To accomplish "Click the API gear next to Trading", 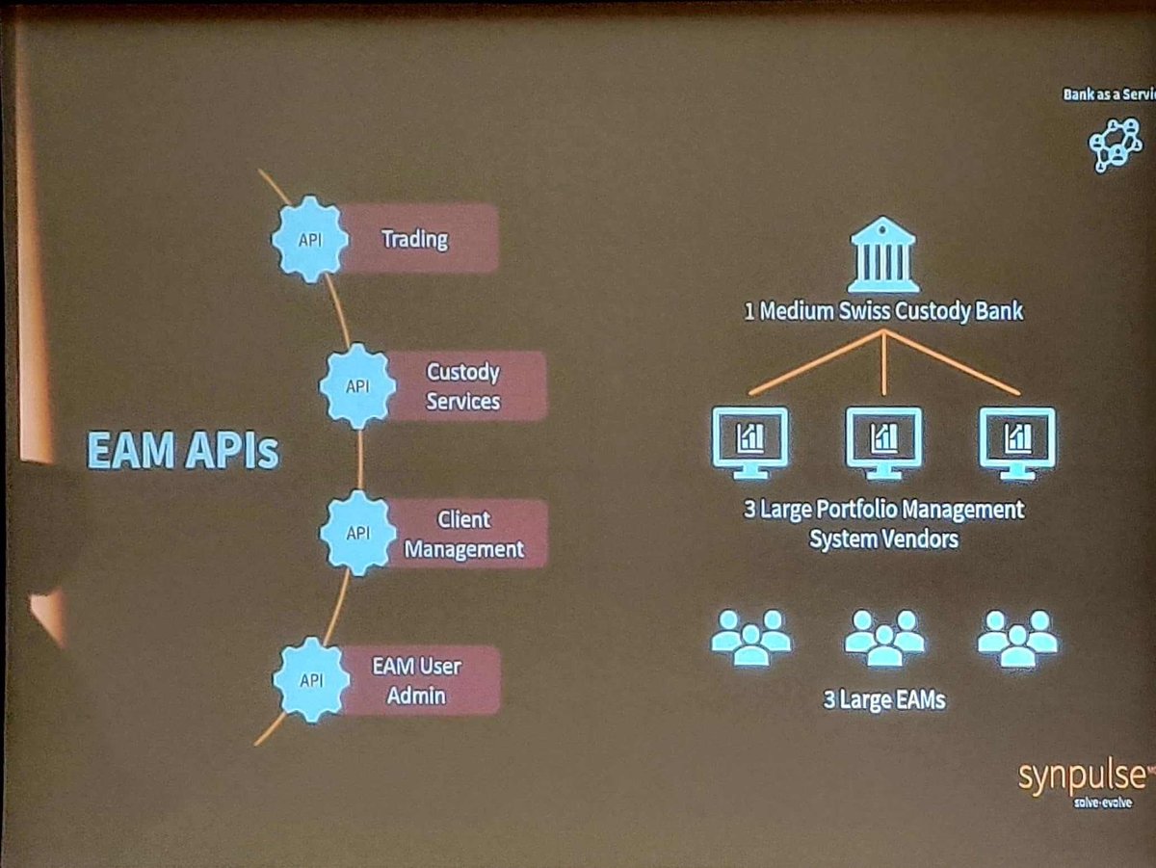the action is pos(309,239).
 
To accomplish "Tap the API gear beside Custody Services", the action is pos(357,386).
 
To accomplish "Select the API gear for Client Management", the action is pos(357,533).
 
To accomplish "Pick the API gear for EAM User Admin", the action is pos(310,680).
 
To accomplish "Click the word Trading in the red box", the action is pos(414,238).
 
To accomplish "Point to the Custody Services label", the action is pos(462,386).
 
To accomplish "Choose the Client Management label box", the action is pos(463,534).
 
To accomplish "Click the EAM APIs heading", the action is pos(183,450).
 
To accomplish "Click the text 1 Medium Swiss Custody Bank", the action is pos(882,312).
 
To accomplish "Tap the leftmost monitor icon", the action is pos(749,442).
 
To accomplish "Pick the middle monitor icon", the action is pos(883,442).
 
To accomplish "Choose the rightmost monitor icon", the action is pos(1017,442).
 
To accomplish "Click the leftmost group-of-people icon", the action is pos(750,637).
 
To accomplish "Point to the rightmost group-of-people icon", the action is pos(1017,637).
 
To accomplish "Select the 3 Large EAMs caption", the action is pos(883,700).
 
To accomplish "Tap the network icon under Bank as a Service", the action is pos(1116,145).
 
